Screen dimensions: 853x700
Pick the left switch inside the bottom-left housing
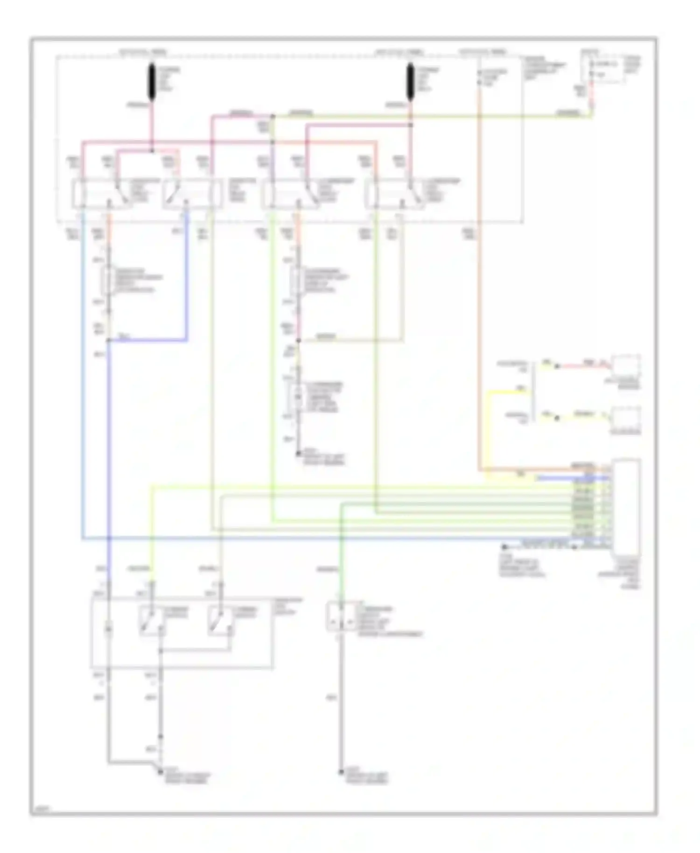pyautogui.click(x=152, y=621)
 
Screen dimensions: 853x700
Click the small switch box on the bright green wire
pyautogui.click(x=342, y=616)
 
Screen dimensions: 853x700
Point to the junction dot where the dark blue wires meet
pyautogui.click(x=108, y=341)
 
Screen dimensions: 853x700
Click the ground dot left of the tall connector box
pyautogui.click(x=504, y=546)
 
